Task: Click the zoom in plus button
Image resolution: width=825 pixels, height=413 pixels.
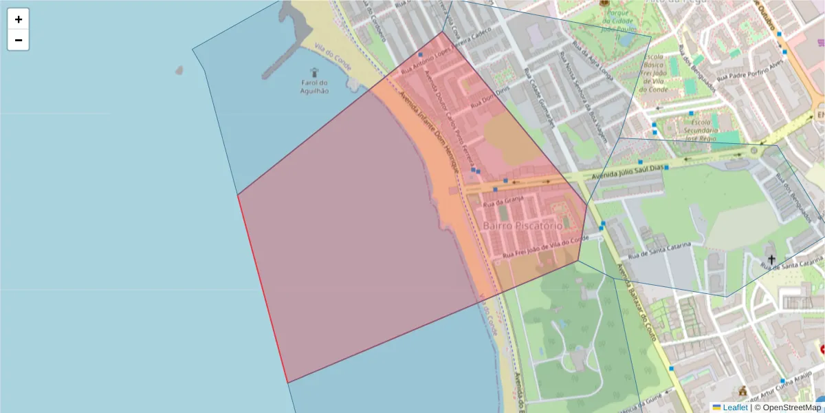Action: point(18,19)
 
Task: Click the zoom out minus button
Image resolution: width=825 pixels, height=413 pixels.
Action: point(18,40)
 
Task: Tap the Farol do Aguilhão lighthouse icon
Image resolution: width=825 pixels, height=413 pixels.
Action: point(315,72)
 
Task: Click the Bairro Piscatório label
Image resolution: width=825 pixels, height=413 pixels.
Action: point(522,225)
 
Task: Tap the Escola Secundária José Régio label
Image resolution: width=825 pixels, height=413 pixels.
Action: point(701,130)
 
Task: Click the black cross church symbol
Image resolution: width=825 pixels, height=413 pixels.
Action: point(771,260)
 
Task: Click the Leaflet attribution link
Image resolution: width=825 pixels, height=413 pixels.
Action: point(734,407)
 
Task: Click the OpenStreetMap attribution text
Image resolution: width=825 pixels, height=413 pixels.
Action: point(790,407)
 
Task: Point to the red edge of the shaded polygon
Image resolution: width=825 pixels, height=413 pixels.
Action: point(262,289)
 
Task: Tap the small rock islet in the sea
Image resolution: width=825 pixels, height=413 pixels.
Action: point(179,70)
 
